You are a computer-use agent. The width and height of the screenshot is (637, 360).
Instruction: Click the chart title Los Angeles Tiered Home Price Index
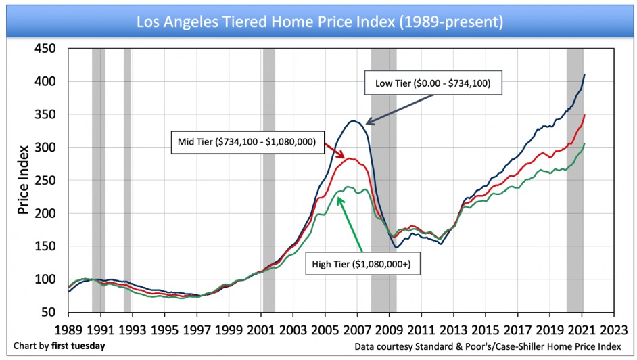[319, 22]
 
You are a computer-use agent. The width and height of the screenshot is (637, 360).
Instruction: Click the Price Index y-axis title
[23, 179]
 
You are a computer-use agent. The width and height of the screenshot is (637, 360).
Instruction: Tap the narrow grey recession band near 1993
[127, 179]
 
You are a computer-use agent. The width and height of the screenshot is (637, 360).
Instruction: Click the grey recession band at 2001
[268, 179]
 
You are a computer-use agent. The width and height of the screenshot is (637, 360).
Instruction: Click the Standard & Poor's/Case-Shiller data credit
[493, 346]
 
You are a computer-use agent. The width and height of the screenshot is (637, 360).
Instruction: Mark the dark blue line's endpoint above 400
[584, 74]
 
